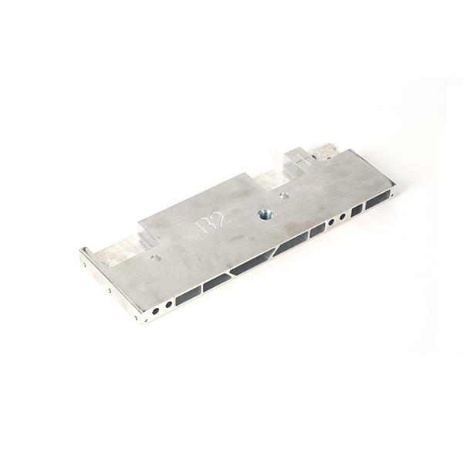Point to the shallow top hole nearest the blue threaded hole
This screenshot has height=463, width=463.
(x=285, y=195)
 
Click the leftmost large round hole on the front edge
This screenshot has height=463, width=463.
(x=156, y=311)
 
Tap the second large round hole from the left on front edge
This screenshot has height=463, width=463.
(x=168, y=305)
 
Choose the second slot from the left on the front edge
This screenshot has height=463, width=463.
(x=216, y=282)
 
